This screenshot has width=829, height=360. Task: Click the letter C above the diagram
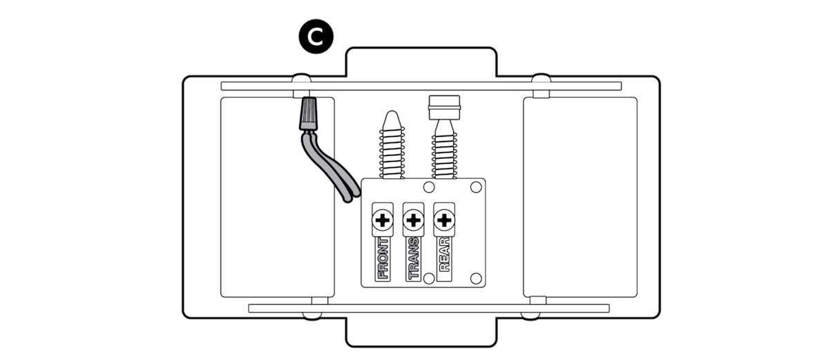(x=315, y=37)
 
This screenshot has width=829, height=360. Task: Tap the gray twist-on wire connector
(x=307, y=114)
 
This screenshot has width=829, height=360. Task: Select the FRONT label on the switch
(x=382, y=258)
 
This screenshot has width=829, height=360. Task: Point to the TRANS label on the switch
(x=413, y=258)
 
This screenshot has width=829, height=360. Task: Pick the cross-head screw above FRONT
(x=382, y=221)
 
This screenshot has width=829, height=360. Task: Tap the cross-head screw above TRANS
(x=413, y=221)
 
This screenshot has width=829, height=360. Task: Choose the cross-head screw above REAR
(x=444, y=221)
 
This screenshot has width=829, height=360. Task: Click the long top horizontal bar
(x=421, y=86)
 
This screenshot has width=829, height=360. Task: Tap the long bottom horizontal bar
(x=428, y=308)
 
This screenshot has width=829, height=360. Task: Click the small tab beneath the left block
(x=319, y=300)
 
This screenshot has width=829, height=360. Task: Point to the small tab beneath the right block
(x=538, y=300)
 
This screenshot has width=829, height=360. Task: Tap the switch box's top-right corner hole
(x=475, y=187)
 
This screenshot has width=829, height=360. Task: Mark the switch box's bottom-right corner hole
(x=475, y=278)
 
